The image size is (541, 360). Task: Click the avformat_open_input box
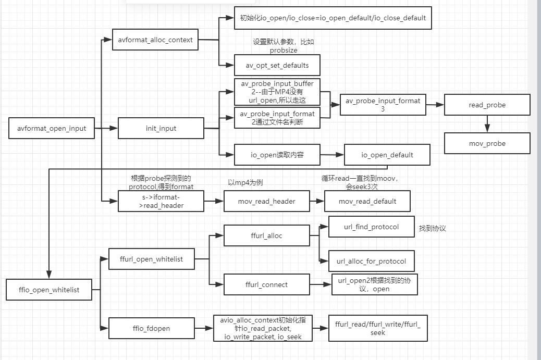click(52, 128)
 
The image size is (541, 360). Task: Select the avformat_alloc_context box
click(155, 40)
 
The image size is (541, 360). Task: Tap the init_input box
click(161, 128)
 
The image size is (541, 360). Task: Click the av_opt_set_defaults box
click(277, 65)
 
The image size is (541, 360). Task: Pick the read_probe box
click(487, 105)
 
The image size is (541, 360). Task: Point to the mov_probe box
click(487, 143)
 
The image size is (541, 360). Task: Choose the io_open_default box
click(387, 155)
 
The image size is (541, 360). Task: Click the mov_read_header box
click(266, 201)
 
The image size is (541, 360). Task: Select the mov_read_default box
click(367, 201)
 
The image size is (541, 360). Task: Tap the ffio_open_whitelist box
click(49, 290)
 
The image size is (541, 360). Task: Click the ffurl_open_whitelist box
click(151, 259)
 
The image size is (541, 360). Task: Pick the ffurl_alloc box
click(266, 235)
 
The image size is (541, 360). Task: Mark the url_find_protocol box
click(371, 227)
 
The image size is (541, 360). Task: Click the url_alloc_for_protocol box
click(371, 261)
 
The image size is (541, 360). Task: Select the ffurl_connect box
click(266, 284)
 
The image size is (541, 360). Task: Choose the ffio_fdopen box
click(151, 328)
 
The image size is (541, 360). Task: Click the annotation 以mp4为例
click(245, 183)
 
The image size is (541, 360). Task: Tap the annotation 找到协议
click(432, 229)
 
